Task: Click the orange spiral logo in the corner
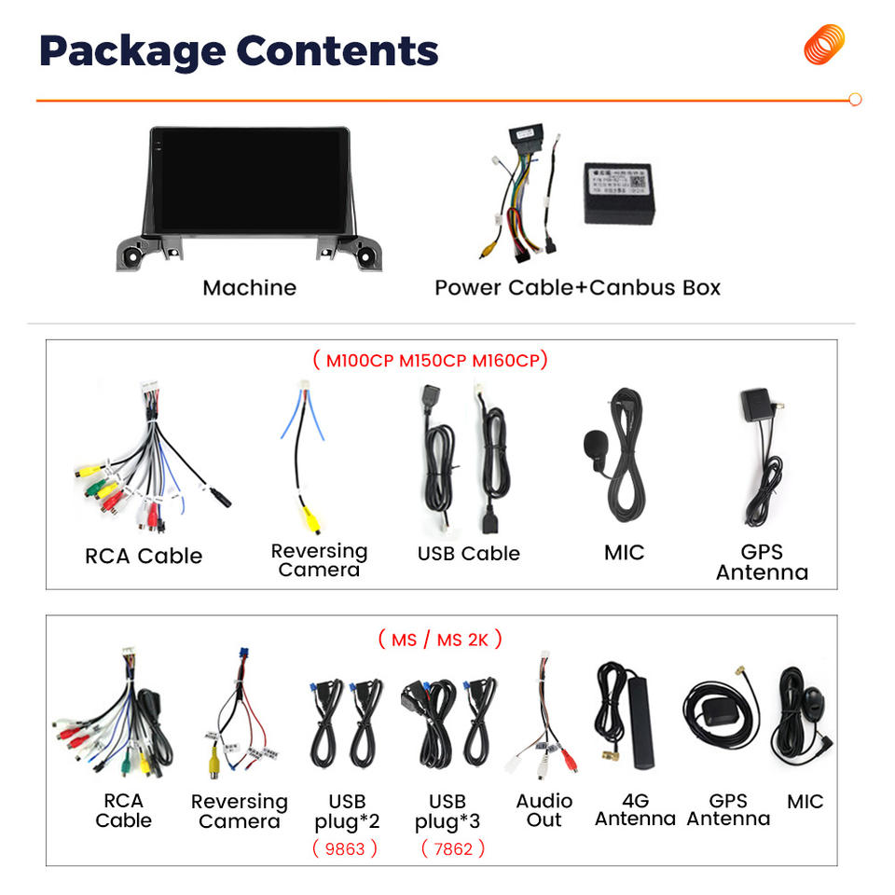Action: [x=824, y=45]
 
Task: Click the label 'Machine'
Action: [x=249, y=287]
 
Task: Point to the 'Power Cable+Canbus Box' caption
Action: [x=577, y=287]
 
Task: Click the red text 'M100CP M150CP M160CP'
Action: [x=430, y=360]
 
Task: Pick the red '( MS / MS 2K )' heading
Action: [x=440, y=640]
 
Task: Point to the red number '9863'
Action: [x=345, y=848]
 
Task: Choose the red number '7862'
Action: [x=452, y=848]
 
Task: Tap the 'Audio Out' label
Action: [x=544, y=810]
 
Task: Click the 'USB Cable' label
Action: [x=468, y=553]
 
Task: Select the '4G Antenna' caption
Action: [x=635, y=810]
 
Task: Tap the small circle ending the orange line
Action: [x=855, y=99]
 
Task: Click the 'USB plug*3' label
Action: [x=447, y=811]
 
